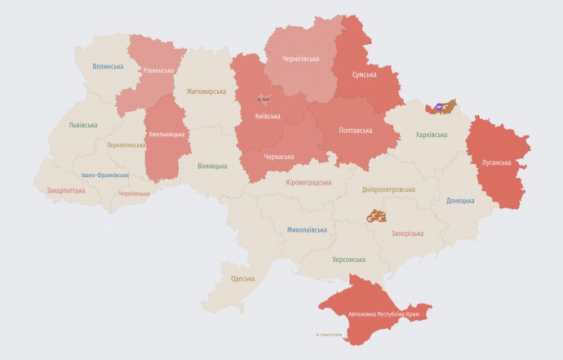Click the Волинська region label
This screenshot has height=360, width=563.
[108, 66]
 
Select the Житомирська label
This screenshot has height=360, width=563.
[206, 91]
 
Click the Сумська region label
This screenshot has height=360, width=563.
[364, 75]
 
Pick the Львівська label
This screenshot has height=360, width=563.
[82, 125]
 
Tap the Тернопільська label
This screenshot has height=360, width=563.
[126, 145]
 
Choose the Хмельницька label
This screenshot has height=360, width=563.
[166, 134]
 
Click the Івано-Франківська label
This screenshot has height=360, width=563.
[104, 175]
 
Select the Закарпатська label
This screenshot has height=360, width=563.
[65, 190]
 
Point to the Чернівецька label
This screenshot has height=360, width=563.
[134, 193]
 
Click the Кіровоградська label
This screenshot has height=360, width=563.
[309, 182]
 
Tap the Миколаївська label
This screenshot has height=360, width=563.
[307, 229]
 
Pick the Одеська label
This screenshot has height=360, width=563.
[242, 278]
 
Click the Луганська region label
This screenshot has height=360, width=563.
[497, 163]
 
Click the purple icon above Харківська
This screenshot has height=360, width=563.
[440, 106]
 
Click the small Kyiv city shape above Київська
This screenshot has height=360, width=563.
[264, 96]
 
